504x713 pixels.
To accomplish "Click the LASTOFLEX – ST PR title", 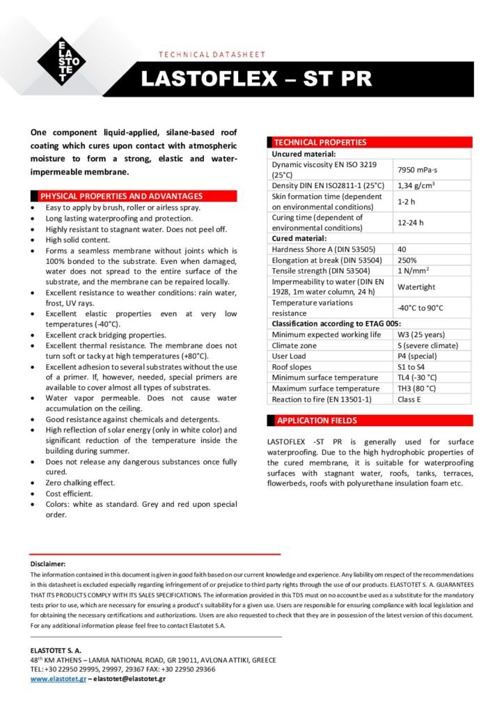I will (x=256, y=79).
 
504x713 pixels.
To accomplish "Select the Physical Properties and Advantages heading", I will (x=122, y=196).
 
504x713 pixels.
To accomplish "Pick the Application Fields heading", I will (x=317, y=421).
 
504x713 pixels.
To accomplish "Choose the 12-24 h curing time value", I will (x=410, y=223).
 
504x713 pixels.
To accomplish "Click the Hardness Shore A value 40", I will (x=402, y=249).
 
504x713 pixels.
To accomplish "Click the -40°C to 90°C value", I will (x=420, y=308).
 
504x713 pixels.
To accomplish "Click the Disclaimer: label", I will (x=48, y=563).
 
